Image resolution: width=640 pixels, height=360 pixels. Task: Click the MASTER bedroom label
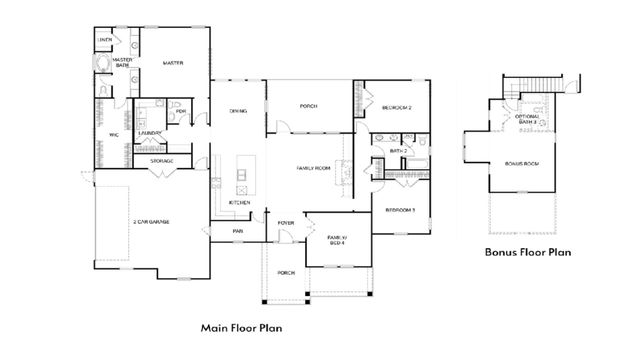click(172, 63)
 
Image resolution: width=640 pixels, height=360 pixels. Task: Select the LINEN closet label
click(104, 40)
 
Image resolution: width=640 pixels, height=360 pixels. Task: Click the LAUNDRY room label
click(151, 133)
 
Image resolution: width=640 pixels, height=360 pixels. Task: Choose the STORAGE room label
click(162, 161)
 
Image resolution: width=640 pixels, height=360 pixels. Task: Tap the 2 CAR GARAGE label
click(150, 222)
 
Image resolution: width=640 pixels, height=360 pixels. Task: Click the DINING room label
click(238, 111)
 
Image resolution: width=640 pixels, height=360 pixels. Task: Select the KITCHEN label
click(239, 203)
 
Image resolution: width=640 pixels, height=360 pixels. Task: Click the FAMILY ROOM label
click(313, 168)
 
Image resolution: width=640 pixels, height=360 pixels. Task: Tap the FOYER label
click(286, 222)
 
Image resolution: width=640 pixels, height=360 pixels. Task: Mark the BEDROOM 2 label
click(397, 107)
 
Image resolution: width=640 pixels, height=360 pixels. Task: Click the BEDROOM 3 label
click(400, 210)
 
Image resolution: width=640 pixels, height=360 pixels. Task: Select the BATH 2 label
click(396, 151)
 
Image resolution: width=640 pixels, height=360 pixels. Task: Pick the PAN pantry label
click(238, 232)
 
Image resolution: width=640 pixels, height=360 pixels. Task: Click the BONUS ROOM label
click(523, 162)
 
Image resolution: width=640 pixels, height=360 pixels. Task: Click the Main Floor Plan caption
click(241, 326)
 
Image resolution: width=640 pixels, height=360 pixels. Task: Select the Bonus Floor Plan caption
click(527, 253)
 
